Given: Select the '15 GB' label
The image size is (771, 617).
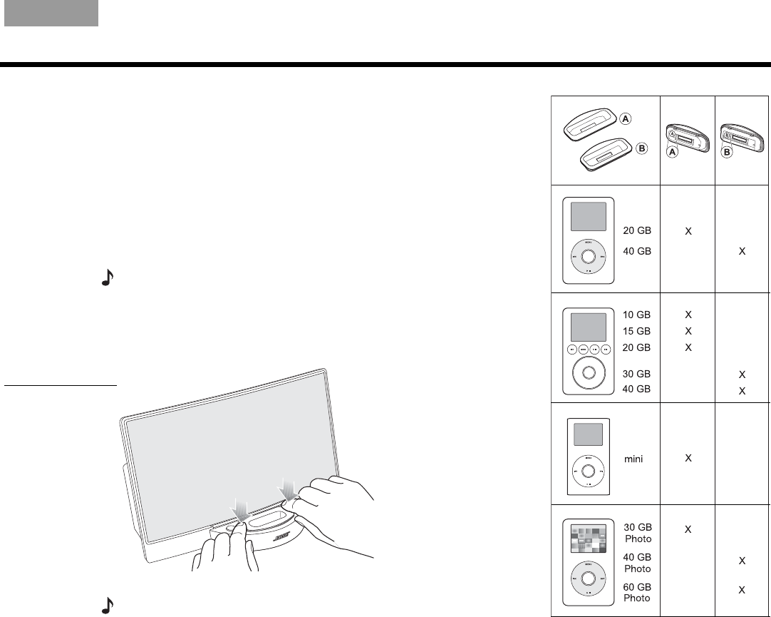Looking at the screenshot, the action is [636, 331].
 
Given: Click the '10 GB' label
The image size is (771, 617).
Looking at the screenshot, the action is [636, 315].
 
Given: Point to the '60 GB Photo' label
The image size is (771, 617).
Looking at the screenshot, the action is [637, 593].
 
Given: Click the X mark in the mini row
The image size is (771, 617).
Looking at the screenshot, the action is [688, 458].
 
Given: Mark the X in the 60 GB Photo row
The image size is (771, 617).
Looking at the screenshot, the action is [742, 590].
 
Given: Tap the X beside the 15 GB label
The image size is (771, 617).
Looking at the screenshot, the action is [688, 331].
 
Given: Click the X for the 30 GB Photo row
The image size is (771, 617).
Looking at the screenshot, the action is [688, 529].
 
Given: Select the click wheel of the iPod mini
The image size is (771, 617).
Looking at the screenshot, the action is [588, 471].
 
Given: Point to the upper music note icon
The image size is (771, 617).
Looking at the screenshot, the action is [107, 280].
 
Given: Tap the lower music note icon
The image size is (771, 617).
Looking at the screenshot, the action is [107, 605].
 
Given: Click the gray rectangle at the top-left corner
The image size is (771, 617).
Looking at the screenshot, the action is [51, 14].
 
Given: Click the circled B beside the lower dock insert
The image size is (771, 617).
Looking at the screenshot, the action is [641, 149].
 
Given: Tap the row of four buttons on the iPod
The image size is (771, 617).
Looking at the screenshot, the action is [588, 350].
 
